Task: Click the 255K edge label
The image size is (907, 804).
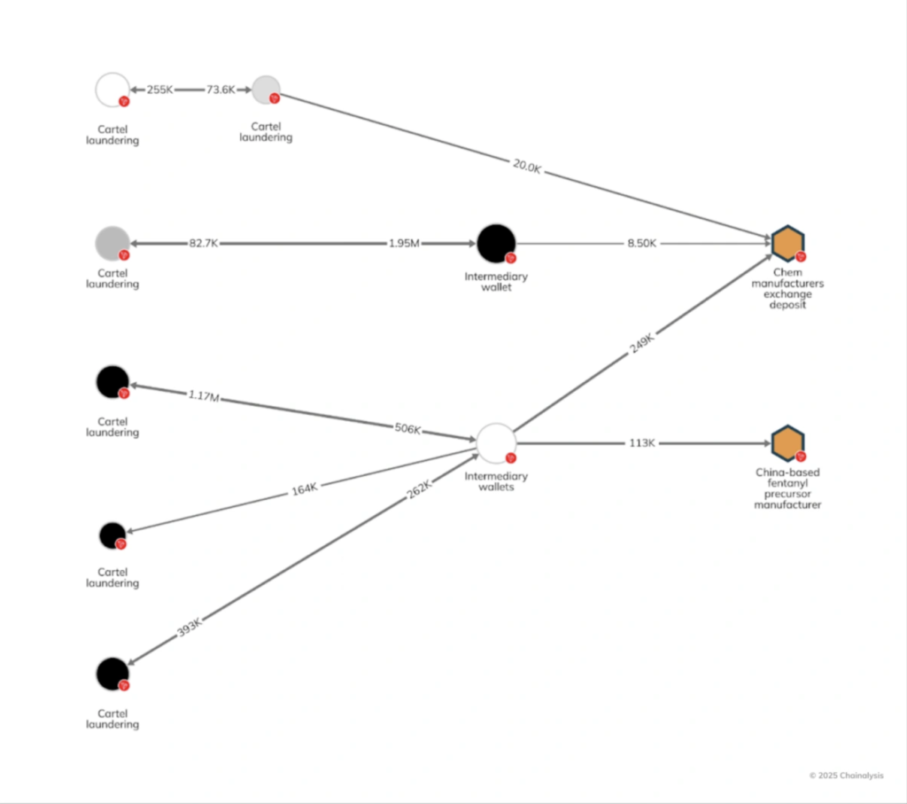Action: [160, 90]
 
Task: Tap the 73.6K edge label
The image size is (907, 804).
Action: [221, 90]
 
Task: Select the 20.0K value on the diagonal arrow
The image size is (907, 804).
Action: [526, 165]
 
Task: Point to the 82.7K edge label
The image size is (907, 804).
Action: [203, 243]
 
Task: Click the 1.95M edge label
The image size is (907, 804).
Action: [403, 243]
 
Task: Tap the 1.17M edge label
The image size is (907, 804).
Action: [203, 395]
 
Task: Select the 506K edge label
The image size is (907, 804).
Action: [407, 429]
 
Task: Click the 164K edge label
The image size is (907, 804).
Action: [304, 488]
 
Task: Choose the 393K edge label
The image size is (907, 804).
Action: [189, 627]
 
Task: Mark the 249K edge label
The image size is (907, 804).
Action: [641, 343]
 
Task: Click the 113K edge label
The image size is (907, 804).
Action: [641, 443]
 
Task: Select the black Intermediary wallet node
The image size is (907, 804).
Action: [496, 243]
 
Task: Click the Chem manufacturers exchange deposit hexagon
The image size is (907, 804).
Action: [787, 243]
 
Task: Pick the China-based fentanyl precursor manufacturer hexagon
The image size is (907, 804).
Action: [787, 443]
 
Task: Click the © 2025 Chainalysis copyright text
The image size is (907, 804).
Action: [846, 775]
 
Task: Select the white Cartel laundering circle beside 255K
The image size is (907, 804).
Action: [112, 90]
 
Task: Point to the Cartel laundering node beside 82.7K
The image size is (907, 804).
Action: [112, 243]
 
